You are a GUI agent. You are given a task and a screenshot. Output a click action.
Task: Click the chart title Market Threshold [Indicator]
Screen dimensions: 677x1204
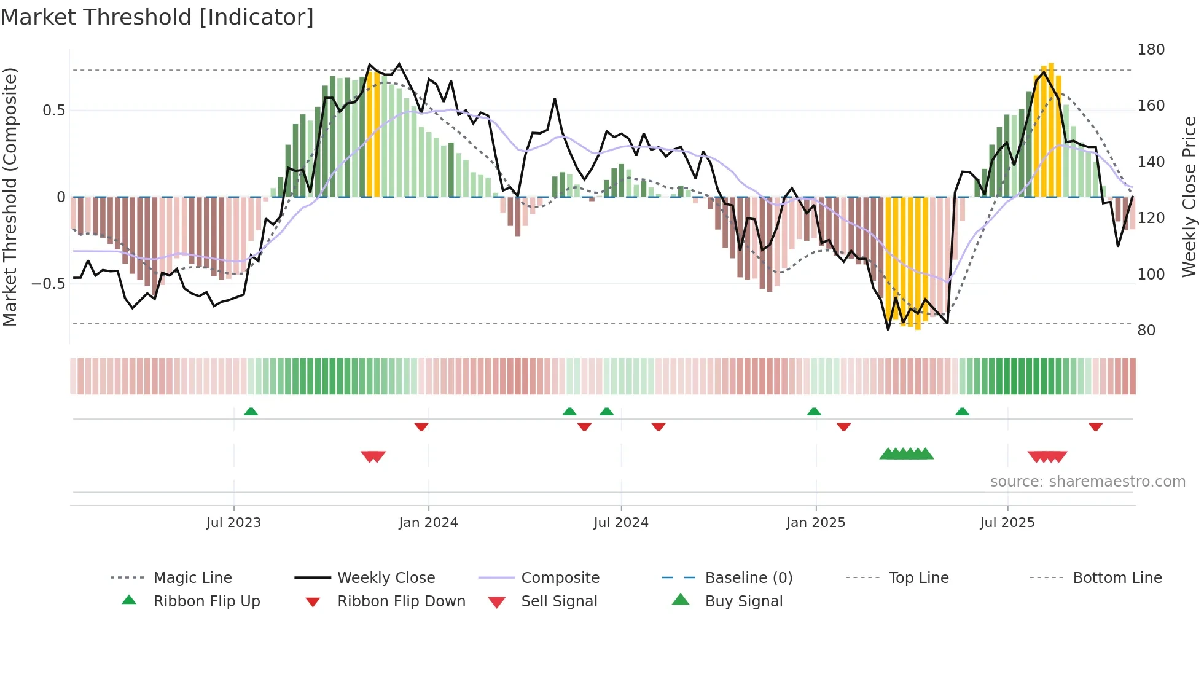coord(157,17)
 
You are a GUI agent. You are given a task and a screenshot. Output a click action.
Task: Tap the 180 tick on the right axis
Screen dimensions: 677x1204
coord(1151,50)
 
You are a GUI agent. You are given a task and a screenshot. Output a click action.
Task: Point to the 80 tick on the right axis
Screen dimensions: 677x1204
coord(1146,331)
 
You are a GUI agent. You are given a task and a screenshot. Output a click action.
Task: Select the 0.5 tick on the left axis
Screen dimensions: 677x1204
coord(53,111)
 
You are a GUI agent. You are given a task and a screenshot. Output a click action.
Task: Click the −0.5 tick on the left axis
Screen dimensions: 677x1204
coord(48,284)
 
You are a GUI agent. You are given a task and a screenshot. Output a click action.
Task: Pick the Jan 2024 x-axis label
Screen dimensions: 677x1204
coord(428,523)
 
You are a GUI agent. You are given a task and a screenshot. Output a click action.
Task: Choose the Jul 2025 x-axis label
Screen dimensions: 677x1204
coord(1007,523)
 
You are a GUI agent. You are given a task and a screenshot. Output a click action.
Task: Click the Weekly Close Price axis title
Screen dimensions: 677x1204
coord(1189,197)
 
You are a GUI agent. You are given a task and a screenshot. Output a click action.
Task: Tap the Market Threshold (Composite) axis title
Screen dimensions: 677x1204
coord(10,197)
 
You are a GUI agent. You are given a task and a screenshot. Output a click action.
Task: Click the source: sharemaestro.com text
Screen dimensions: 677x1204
coord(1087,482)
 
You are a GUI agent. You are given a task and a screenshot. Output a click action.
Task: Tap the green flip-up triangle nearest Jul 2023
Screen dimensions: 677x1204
coord(251,412)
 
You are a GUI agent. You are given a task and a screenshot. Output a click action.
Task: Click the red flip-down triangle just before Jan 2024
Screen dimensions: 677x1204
coord(421,426)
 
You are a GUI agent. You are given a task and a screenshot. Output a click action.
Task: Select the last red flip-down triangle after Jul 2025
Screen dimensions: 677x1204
coord(1095,426)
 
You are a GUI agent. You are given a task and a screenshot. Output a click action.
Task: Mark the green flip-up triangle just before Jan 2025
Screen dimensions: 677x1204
coord(814,412)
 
